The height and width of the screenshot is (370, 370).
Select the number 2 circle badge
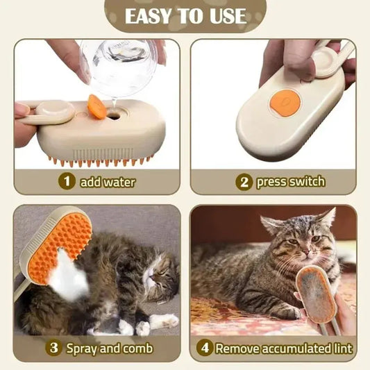click(243, 182)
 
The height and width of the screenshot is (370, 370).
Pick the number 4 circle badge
click(203, 348)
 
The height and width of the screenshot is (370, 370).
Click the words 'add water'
click(107, 182)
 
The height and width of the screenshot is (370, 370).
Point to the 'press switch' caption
click(290, 182)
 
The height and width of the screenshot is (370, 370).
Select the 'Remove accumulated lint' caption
click(283, 348)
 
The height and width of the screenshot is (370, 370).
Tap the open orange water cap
click(97, 107)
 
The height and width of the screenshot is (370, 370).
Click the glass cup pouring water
click(119, 66)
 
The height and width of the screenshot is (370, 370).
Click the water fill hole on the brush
click(113, 115)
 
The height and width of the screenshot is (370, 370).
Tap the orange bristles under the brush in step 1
click(97, 161)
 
